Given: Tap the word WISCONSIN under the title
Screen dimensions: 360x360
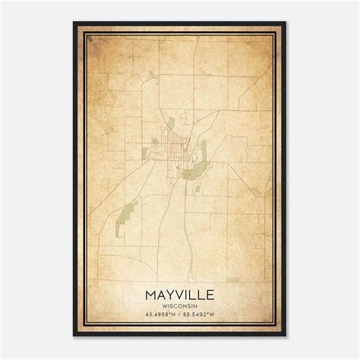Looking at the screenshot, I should pyautogui.click(x=180, y=306).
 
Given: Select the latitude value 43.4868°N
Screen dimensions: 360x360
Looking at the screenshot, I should pyautogui.click(x=157, y=315).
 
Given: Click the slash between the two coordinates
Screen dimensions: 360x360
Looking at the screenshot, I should pyautogui.click(x=180, y=315).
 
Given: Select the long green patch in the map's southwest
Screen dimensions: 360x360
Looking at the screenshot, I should pyautogui.click(x=126, y=216).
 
